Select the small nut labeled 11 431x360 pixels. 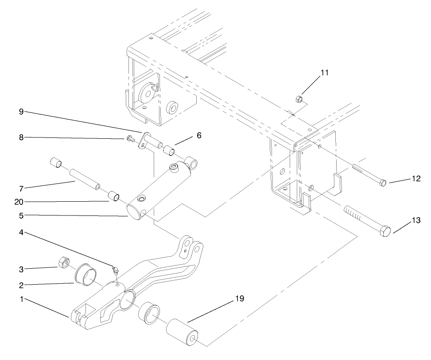tap(299, 98)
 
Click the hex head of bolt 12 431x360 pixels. tap(383, 182)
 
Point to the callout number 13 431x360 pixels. tap(415, 220)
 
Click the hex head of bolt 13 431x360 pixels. tap(386, 231)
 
